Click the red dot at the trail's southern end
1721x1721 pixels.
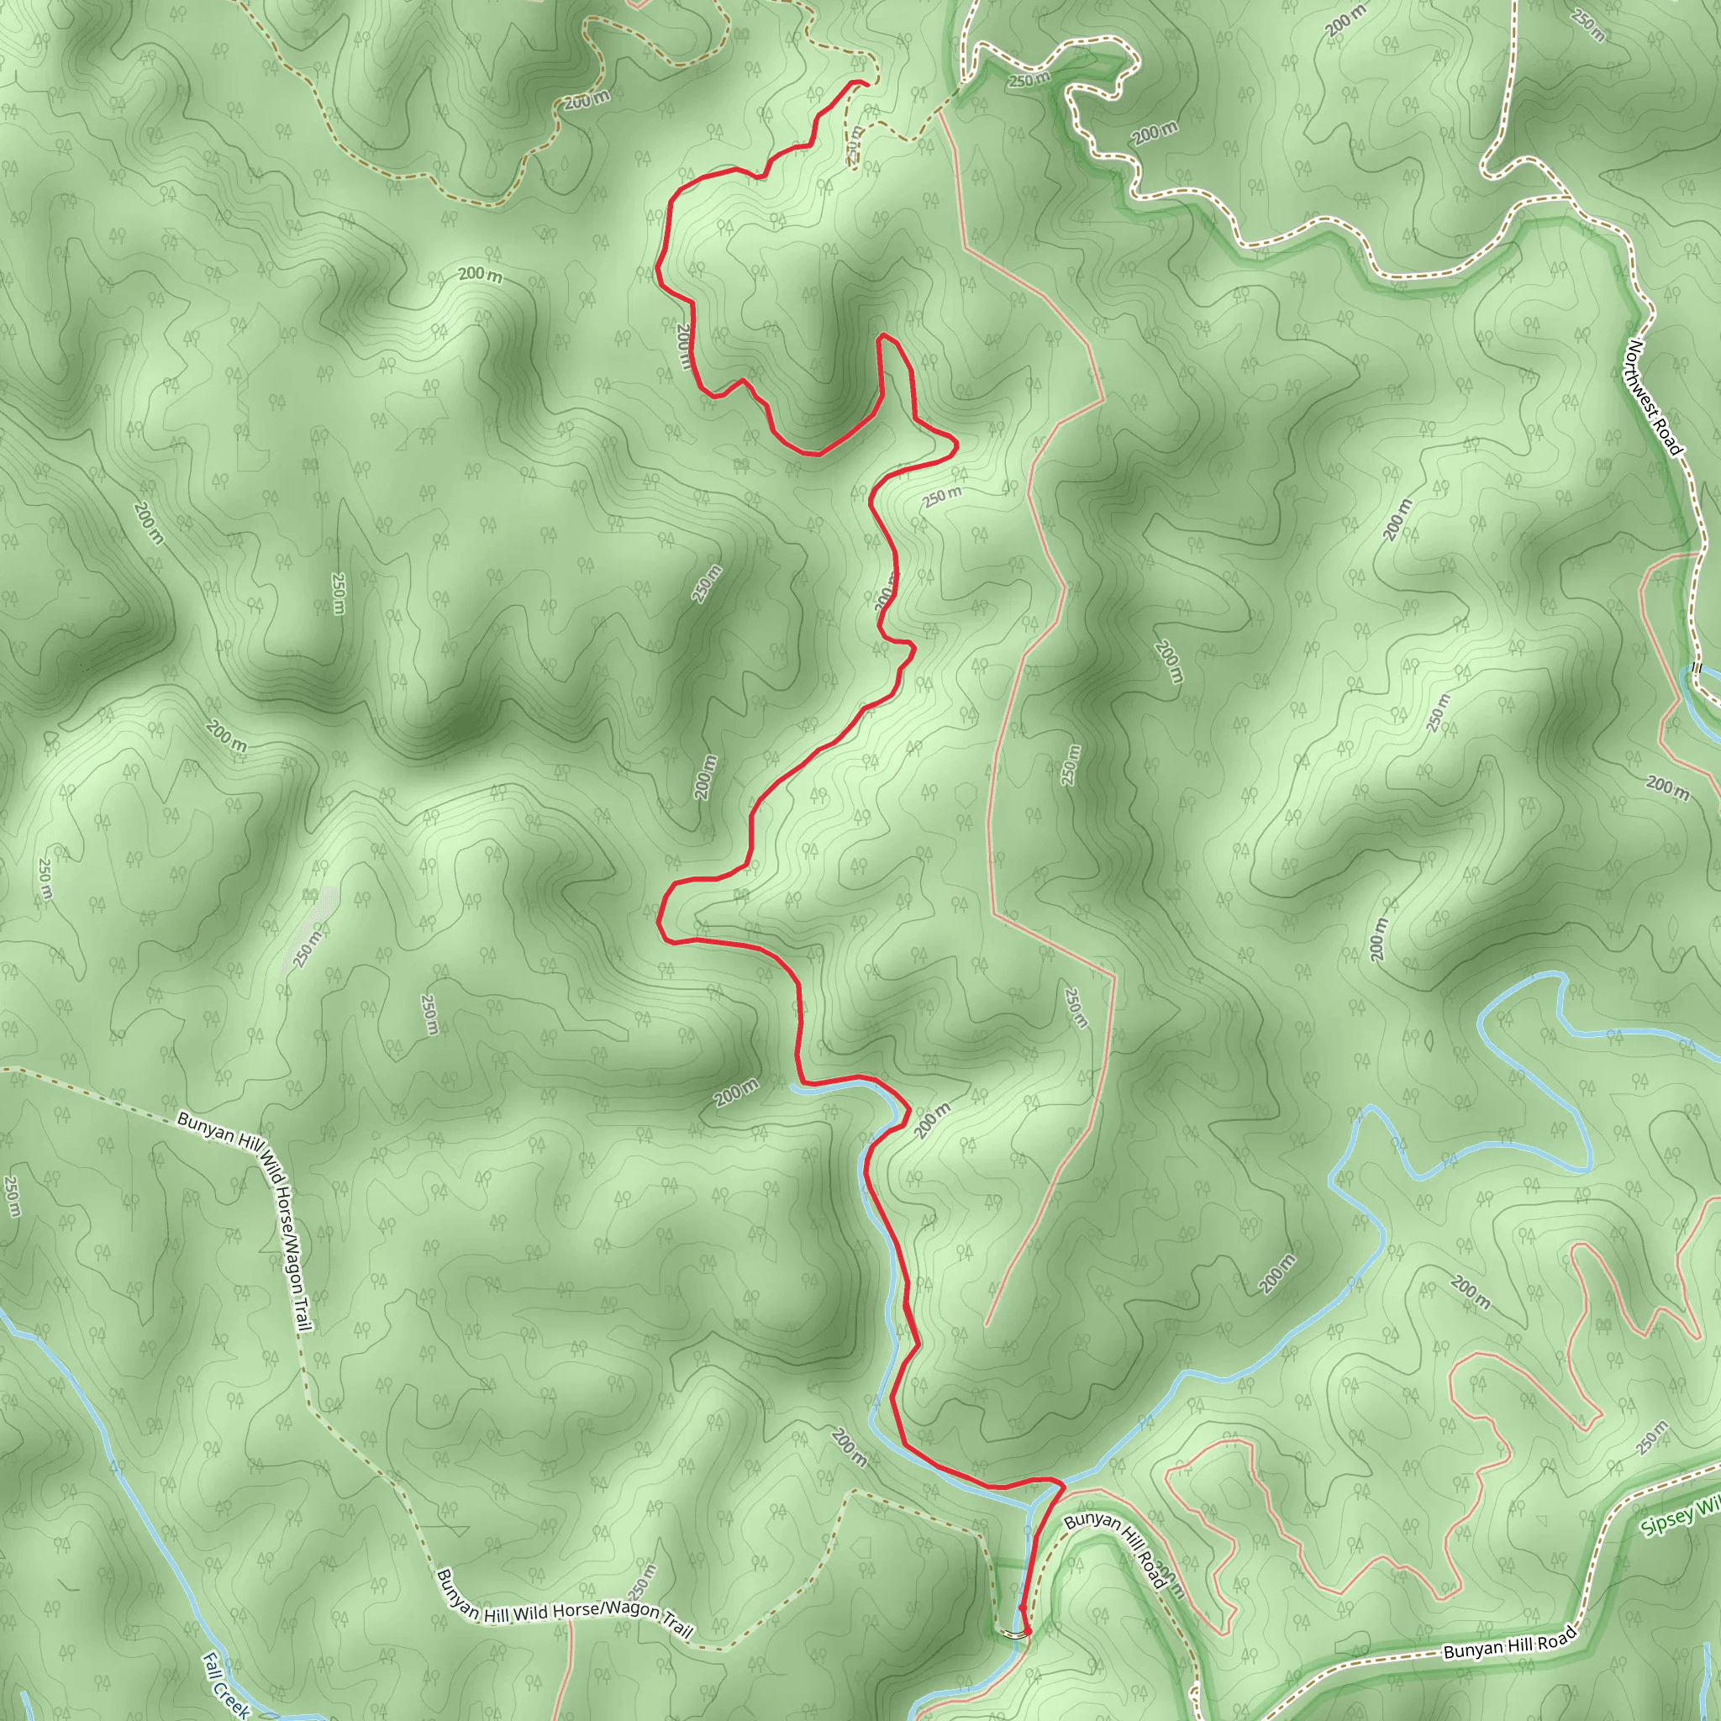tap(1027, 1631)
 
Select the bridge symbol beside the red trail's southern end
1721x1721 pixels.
tap(1012, 1633)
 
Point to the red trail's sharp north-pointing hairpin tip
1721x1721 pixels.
tap(882, 336)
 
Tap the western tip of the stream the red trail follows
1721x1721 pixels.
tap(792, 1086)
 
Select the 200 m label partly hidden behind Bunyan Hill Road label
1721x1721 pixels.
tap(1172, 1577)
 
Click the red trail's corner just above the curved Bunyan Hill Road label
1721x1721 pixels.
tap(1062, 1485)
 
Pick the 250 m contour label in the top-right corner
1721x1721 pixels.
tap(1588, 25)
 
